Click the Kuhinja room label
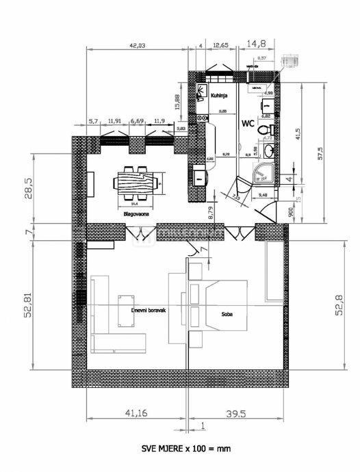point(219,96)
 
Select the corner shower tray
point(262,173)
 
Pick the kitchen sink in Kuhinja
point(203,92)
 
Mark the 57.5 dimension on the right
point(336,152)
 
